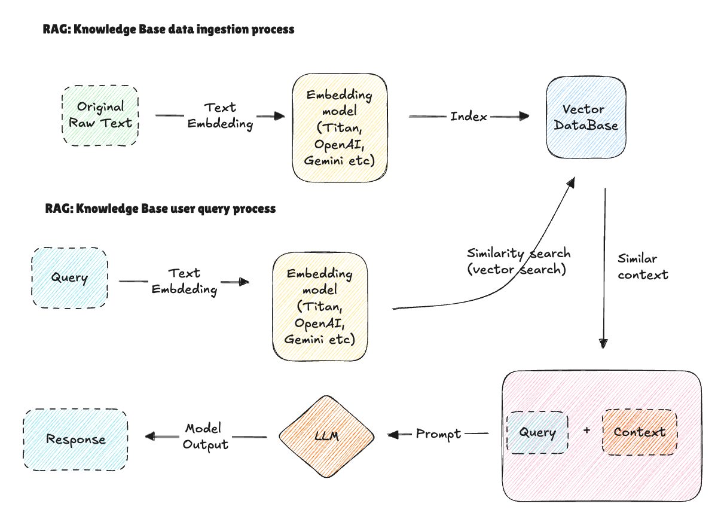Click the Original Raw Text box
(x=100, y=115)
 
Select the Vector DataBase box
(x=586, y=118)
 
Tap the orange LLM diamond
(x=326, y=437)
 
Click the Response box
(x=75, y=440)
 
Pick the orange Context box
(x=639, y=432)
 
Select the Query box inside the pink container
(x=536, y=432)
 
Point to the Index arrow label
(x=469, y=116)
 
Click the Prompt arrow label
(x=438, y=434)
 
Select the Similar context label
(x=643, y=267)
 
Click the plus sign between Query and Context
(x=585, y=432)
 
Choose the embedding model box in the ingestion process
(x=340, y=127)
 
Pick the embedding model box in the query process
(x=319, y=306)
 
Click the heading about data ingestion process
(x=169, y=29)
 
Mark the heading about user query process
(x=160, y=209)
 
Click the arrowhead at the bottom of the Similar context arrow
(x=604, y=343)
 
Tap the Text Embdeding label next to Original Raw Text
(x=219, y=116)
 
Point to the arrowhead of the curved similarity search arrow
(x=572, y=181)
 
